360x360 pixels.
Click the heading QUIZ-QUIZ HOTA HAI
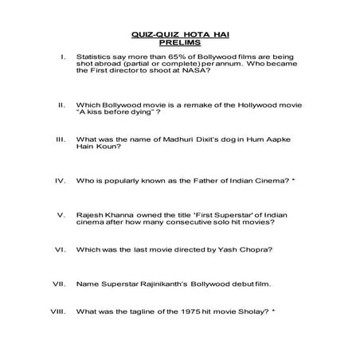pos(180,35)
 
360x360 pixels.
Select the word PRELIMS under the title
pos(180,43)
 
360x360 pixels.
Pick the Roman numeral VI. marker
pos(59,250)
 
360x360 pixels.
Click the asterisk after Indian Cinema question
pos(293,181)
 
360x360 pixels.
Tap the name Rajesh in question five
pos(90,216)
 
